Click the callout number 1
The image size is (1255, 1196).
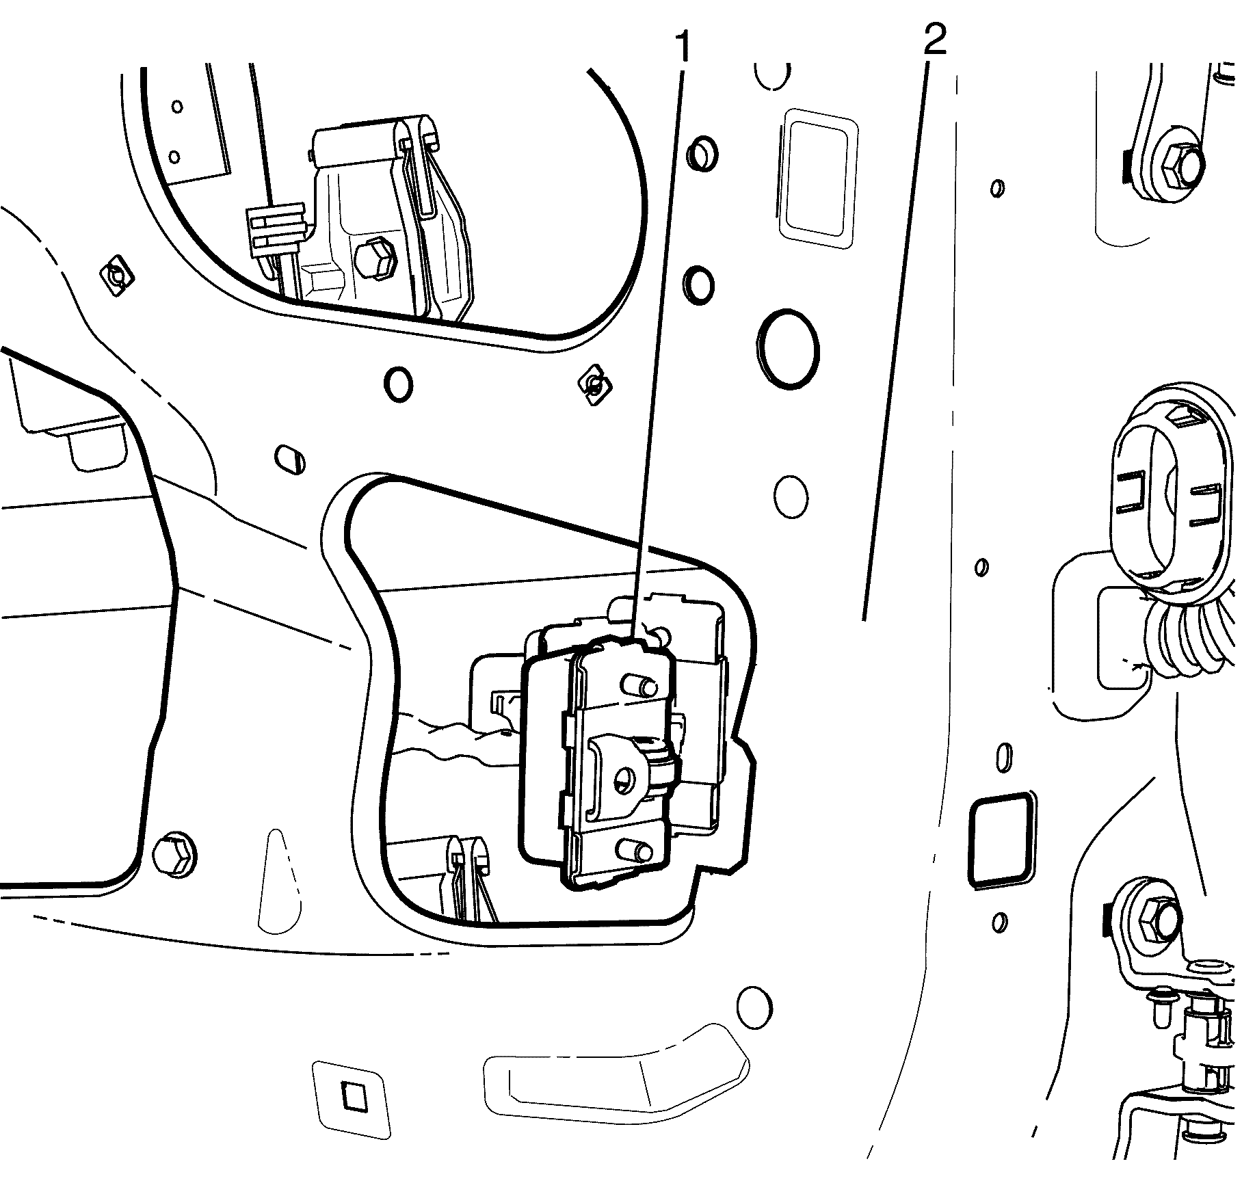click(682, 46)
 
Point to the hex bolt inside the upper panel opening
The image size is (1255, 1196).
click(375, 260)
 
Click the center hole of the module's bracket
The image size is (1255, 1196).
click(624, 778)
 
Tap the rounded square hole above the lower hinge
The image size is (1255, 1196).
click(999, 840)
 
